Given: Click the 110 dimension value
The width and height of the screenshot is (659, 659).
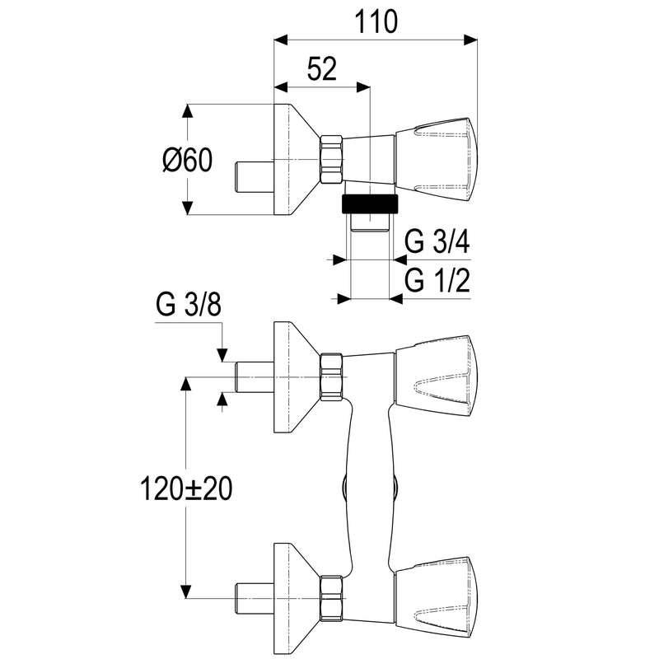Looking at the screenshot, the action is [376, 22].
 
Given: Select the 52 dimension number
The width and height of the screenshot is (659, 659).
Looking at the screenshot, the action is [322, 69].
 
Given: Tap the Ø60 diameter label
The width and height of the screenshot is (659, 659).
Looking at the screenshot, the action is [188, 160].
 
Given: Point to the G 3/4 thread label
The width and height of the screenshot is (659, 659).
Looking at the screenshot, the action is [437, 241].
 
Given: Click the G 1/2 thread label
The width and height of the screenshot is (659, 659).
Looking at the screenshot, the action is [437, 280].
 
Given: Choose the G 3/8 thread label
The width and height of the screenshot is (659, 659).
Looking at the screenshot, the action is [189, 305].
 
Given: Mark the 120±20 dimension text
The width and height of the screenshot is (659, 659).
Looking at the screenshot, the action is [186, 488].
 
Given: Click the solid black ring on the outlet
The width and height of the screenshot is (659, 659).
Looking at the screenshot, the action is [369, 204].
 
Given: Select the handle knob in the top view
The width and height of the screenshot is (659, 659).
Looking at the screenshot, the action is [436, 160].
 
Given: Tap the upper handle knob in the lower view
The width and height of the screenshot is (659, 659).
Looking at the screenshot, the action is [436, 376].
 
